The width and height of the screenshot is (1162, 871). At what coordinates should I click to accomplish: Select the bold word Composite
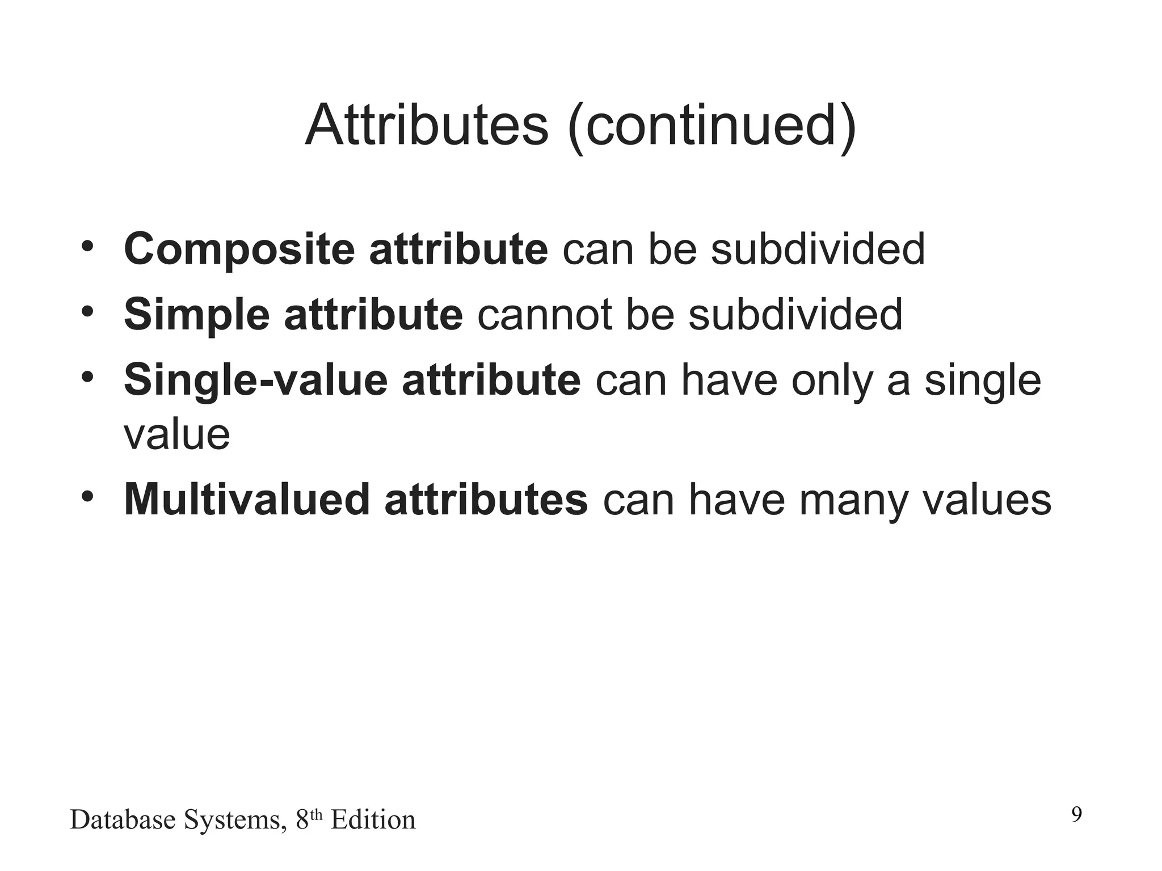(239, 250)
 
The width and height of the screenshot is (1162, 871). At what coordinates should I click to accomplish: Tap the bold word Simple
(196, 315)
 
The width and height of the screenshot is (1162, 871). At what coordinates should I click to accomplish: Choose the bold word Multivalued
(247, 500)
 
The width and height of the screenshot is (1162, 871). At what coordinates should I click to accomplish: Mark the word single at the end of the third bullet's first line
(983, 382)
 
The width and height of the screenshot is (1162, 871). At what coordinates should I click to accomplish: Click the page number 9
(1076, 815)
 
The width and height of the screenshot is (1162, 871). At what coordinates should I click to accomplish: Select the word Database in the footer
(123, 820)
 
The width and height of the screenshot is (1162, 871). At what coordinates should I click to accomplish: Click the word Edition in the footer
(373, 820)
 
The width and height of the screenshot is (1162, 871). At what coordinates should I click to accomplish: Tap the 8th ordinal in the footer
(309, 819)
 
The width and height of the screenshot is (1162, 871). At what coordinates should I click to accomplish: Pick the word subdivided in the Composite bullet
(818, 250)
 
